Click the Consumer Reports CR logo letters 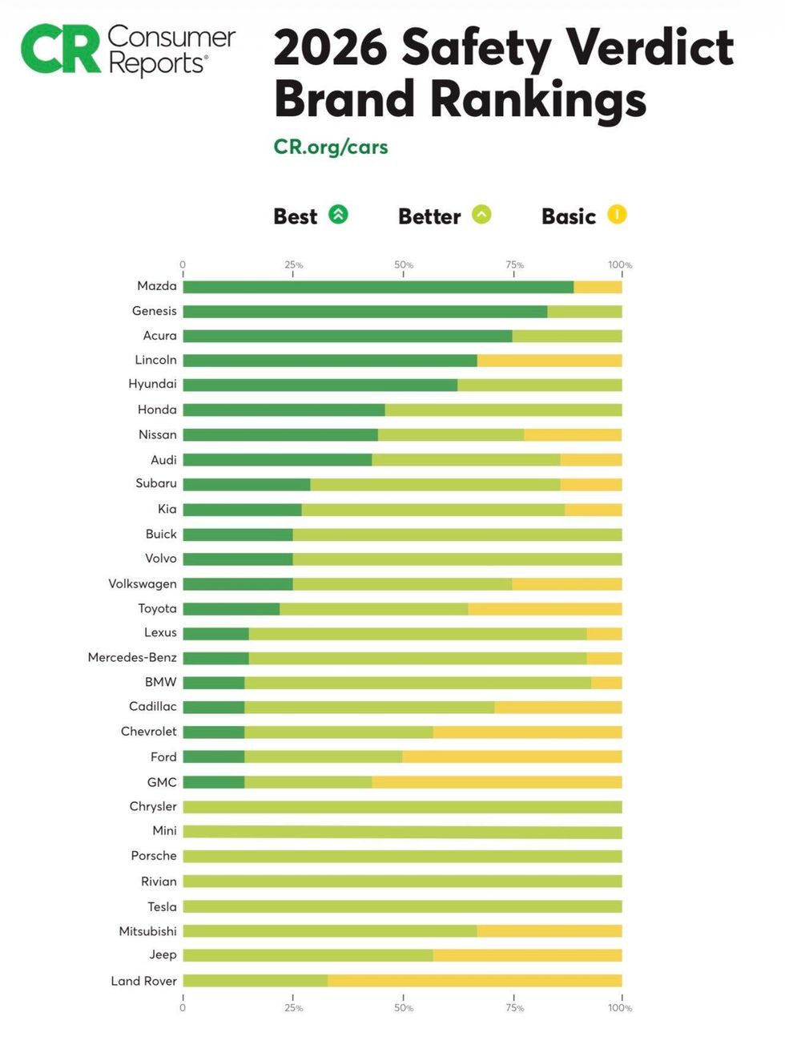tap(61, 50)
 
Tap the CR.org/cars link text tap(330, 147)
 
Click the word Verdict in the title tap(650, 47)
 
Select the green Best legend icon tap(339, 215)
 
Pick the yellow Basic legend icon tap(617, 215)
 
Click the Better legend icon tap(481, 215)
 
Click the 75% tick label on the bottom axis tap(514, 1008)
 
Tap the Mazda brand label tap(157, 286)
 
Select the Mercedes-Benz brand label tap(132, 657)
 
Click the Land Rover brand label tap(143, 981)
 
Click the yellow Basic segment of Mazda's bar tap(598, 287)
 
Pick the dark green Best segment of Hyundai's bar tap(320, 385)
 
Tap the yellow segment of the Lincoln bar tap(549, 361)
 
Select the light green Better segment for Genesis tap(584, 312)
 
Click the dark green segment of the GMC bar tap(213, 782)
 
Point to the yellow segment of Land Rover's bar tap(474, 981)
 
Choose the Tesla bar tap(402, 906)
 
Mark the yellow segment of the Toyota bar tap(545, 609)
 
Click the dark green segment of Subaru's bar tap(246, 485)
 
